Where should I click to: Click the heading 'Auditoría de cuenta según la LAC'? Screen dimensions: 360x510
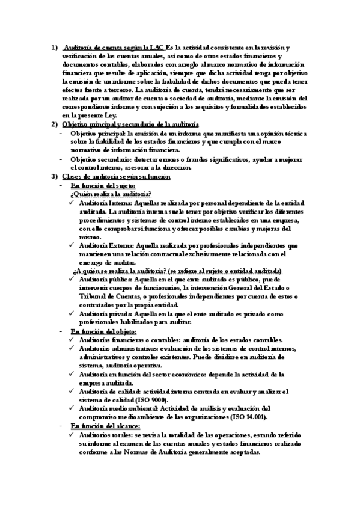tap(114, 47)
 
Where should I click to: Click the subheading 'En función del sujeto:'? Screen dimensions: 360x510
tap(103, 185)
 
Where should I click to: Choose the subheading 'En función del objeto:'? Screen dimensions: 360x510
tap(103, 331)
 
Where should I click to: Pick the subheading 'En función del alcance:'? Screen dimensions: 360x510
tap(105, 425)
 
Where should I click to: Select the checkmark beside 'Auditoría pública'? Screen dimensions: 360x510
tap(73, 280)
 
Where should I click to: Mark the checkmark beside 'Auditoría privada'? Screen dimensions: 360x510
tap(73, 314)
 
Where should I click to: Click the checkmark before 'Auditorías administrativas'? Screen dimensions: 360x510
tap(73, 348)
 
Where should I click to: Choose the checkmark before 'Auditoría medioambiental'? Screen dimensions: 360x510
tap(73, 408)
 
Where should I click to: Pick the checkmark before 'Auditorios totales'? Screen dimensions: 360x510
tap(73, 434)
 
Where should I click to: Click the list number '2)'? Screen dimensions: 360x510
tap(53, 123)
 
